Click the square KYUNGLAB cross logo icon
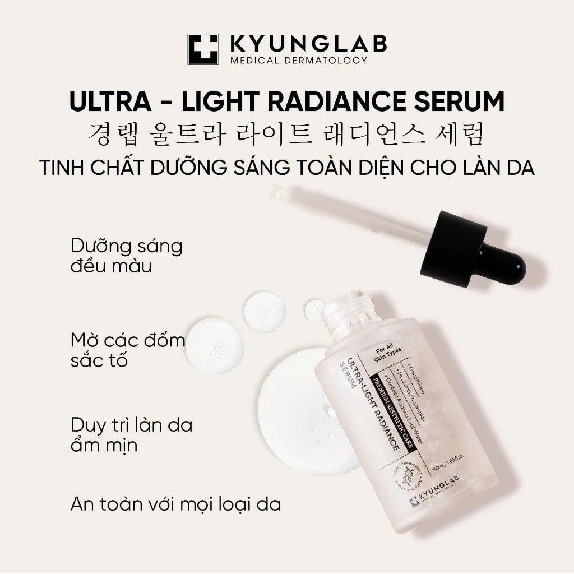click(203, 50)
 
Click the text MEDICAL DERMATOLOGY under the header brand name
click(299, 60)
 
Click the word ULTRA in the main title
click(108, 101)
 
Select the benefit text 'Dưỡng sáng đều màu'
click(127, 256)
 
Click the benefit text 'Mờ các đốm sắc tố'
click(128, 349)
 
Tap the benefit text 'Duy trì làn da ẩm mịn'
click(131, 435)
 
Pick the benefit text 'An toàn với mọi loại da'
click(175, 504)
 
